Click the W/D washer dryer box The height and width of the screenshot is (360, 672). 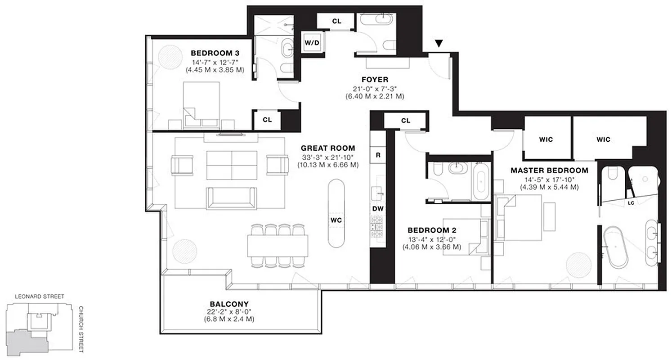(312, 43)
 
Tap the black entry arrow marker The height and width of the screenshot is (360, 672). (439, 44)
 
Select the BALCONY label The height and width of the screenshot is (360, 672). (229, 304)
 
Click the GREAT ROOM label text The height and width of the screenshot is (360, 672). (327, 148)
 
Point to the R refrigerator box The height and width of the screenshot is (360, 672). (378, 155)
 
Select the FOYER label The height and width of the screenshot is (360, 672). (375, 80)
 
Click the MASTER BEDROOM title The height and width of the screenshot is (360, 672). (549, 171)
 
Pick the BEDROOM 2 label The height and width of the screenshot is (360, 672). (432, 229)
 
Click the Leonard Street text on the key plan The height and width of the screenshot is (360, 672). (39, 297)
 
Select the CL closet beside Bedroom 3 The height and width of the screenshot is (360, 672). (267, 120)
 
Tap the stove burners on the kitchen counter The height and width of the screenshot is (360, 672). (376, 227)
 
